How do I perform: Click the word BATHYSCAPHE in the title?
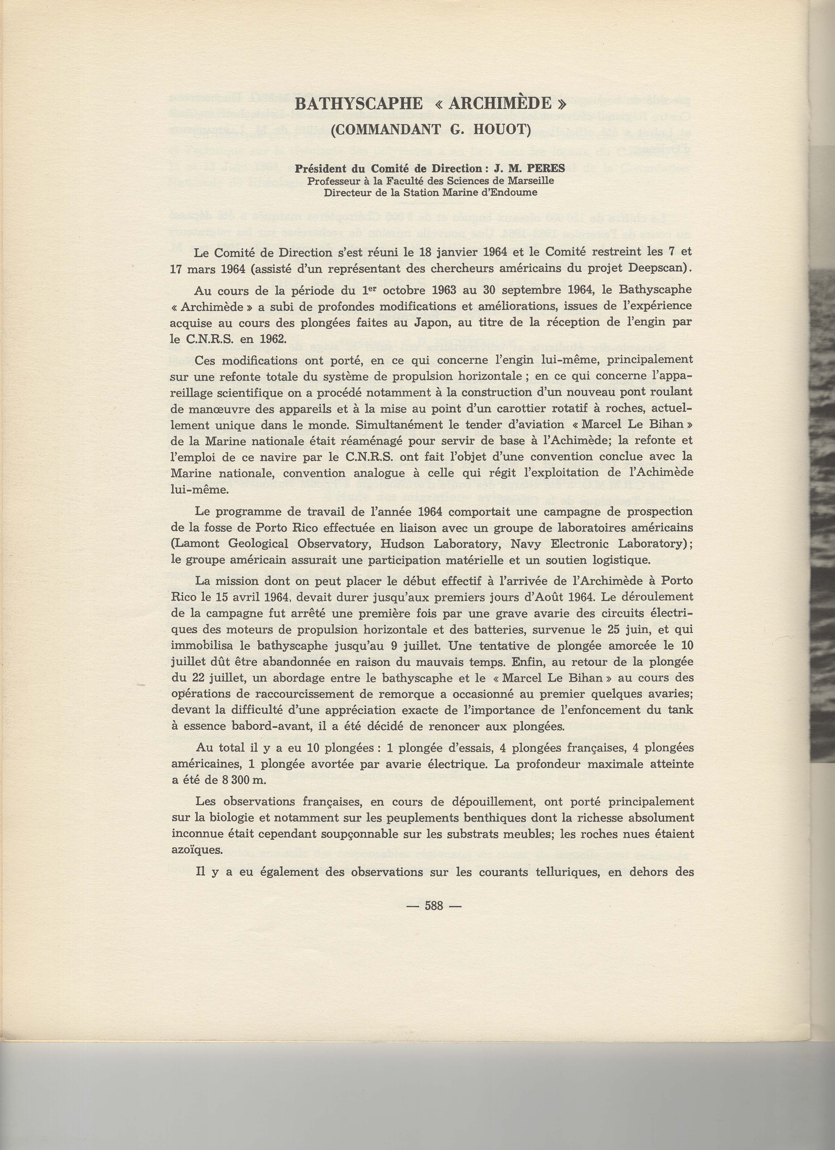[358, 104]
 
